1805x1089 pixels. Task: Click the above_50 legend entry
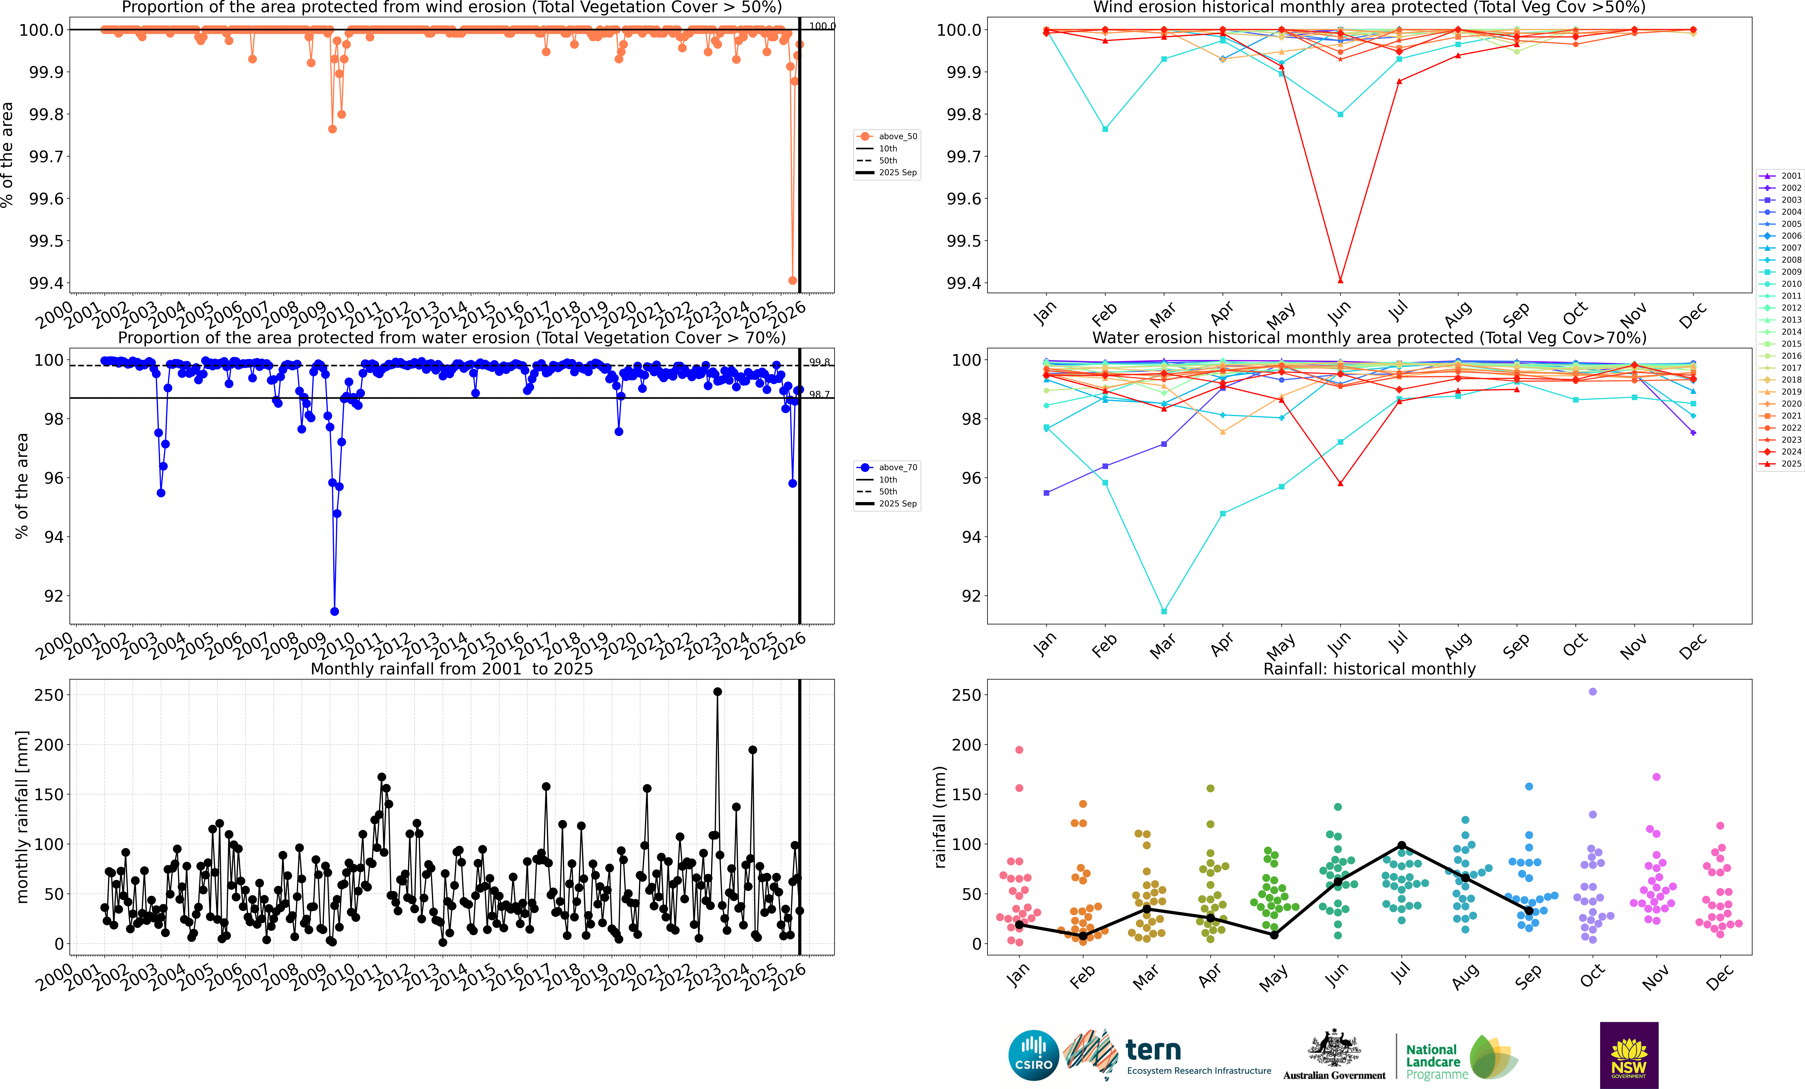pyautogui.click(x=886, y=136)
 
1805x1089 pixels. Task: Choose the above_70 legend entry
pyautogui.click(x=886, y=467)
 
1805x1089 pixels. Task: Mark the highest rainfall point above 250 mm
pyautogui.click(x=717, y=691)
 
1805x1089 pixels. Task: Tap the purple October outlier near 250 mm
pyautogui.click(x=1592, y=691)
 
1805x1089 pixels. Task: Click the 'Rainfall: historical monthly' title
pyautogui.click(x=1369, y=669)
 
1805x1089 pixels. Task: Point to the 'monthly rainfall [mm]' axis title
pyautogui.click(x=22, y=817)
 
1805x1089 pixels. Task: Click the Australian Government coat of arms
pyautogui.click(x=1334, y=1048)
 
